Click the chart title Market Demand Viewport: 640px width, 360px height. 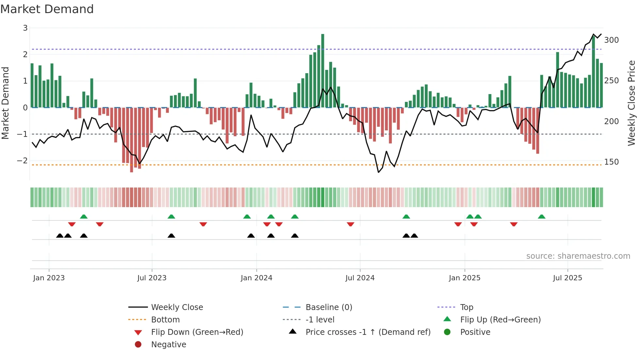point(47,9)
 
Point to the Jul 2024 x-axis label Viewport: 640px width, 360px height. point(360,278)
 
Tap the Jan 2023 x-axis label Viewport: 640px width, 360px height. point(49,278)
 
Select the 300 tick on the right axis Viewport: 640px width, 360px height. point(611,40)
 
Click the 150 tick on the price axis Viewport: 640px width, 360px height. point(611,162)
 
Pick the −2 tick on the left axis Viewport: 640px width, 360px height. point(22,161)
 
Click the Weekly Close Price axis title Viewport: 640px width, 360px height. point(632,103)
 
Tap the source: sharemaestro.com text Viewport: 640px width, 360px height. point(578,256)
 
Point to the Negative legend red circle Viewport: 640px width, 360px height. point(138,345)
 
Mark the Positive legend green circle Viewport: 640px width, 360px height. point(447,332)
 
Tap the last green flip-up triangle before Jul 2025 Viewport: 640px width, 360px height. point(541,217)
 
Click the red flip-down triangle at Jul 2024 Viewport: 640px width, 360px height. point(350,224)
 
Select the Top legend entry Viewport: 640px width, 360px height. point(466,307)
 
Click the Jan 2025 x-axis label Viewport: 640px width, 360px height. point(464,278)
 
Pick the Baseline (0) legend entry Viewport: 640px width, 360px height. point(328,307)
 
